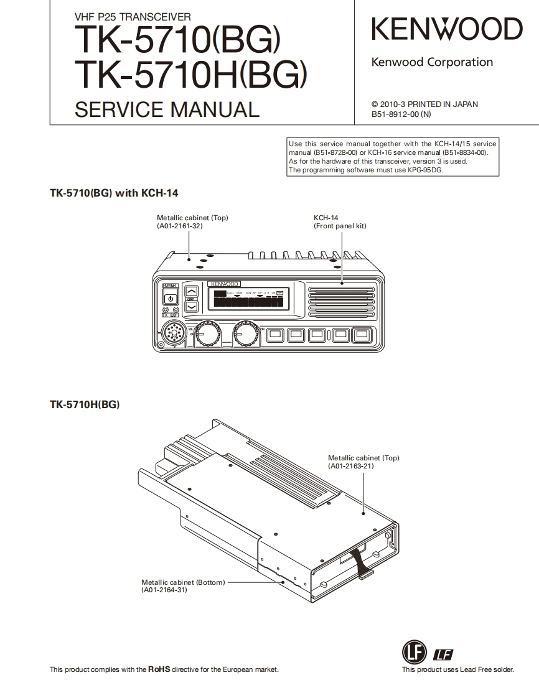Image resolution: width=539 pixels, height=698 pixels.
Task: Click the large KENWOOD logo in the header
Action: coord(447,30)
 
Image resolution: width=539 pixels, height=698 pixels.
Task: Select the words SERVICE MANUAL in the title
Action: coord(166,109)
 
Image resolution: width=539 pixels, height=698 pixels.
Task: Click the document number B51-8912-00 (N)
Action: coord(401,114)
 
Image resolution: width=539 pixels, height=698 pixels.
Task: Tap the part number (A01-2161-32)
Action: coord(180,226)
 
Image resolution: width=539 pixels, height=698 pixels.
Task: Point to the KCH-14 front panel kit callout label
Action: coord(339,222)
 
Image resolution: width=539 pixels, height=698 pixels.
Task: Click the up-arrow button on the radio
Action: coord(192,291)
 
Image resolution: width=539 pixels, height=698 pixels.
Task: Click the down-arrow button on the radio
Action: coord(192,306)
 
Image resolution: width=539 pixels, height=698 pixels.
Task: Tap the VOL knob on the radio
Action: coord(205,336)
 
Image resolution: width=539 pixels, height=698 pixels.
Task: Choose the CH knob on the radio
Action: coord(246,336)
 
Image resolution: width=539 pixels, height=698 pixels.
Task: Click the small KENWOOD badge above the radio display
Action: coord(225,284)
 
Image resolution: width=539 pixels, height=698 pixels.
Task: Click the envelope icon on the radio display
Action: coord(280,292)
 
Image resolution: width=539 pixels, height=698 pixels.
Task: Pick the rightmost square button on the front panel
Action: coord(362,335)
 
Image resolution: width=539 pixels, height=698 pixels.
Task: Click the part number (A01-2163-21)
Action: coord(351,466)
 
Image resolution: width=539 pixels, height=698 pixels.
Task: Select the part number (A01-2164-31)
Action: coord(164,590)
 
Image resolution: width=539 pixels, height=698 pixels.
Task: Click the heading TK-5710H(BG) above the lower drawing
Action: coord(85,405)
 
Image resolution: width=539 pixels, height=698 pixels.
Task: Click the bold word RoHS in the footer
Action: coord(159,669)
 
